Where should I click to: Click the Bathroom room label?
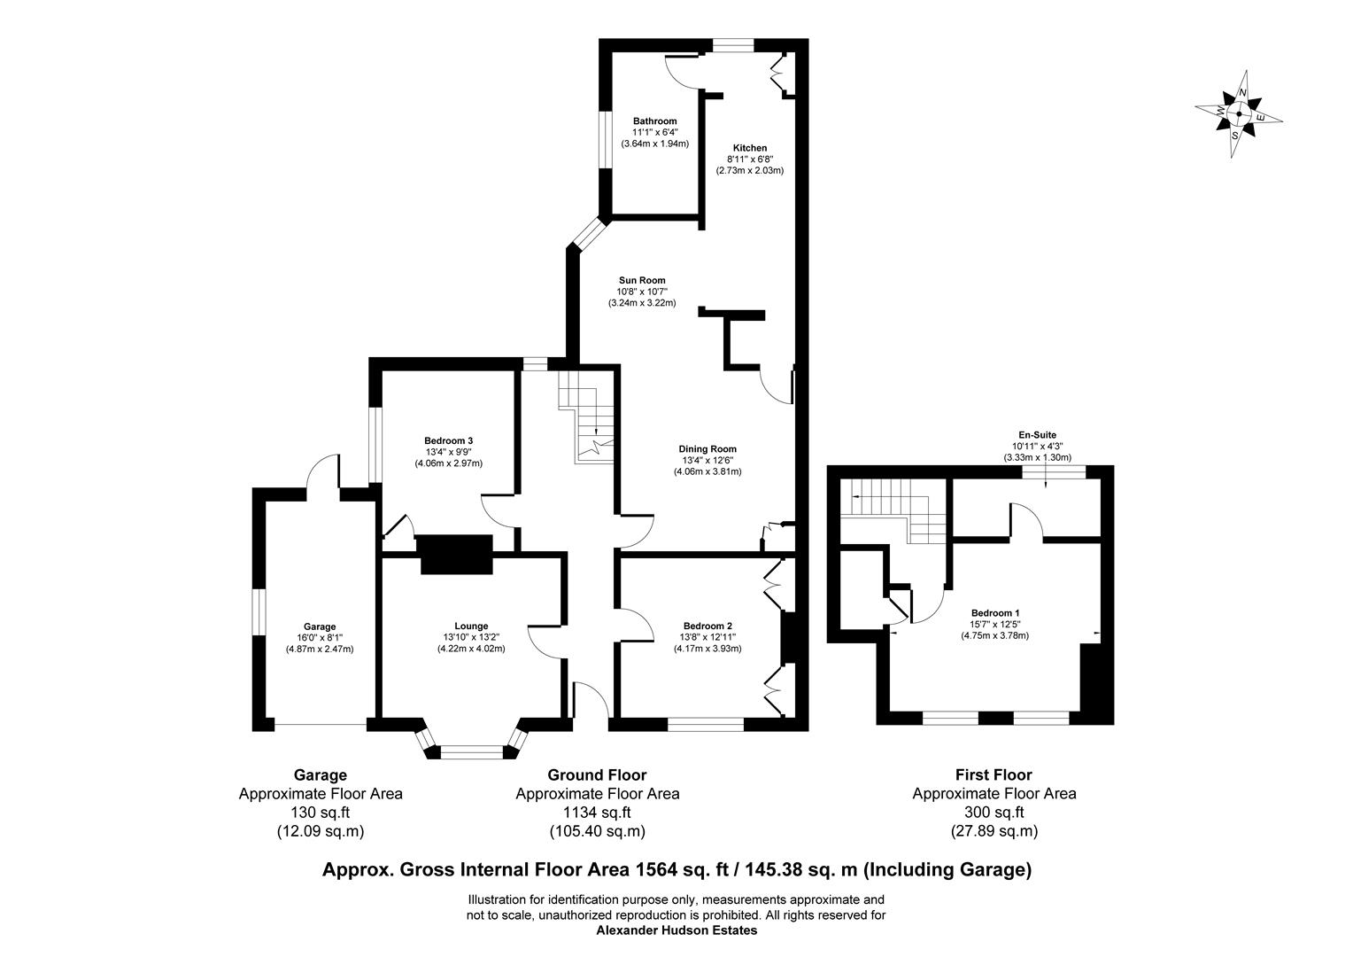click(x=654, y=121)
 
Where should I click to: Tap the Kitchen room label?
click(x=749, y=148)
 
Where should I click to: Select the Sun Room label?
click(x=641, y=281)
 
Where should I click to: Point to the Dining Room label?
click(x=707, y=449)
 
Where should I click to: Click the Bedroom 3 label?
click(x=448, y=441)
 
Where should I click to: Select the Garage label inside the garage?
click(x=319, y=627)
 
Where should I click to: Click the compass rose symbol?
click(x=1238, y=115)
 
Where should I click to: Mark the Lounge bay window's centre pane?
click(x=471, y=753)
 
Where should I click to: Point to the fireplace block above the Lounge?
click(x=454, y=555)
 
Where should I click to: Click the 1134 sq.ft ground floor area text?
click(x=597, y=813)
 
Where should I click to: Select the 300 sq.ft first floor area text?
click(x=993, y=813)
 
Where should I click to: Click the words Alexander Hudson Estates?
click(x=676, y=931)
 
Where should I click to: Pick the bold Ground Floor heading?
click(x=597, y=775)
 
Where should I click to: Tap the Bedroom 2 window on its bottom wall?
click(x=706, y=724)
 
